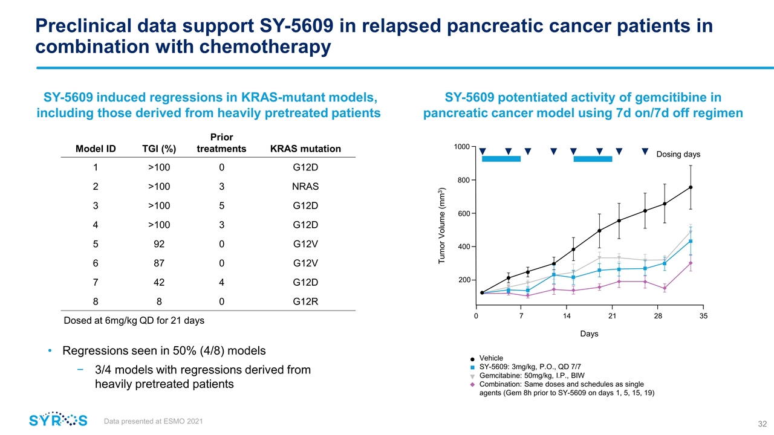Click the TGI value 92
pyautogui.click(x=158, y=244)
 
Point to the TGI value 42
pyautogui.click(x=158, y=282)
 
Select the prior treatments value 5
pyautogui.click(x=222, y=206)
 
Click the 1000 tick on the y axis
pyautogui.click(x=462, y=147)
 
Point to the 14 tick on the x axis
pyautogui.click(x=567, y=316)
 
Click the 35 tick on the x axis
pyautogui.click(x=703, y=316)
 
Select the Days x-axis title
pyautogui.click(x=590, y=334)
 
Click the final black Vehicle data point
pyautogui.click(x=690, y=187)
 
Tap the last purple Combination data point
pyautogui.click(x=690, y=263)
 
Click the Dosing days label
pyautogui.click(x=678, y=154)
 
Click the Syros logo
pyautogui.click(x=58, y=420)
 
